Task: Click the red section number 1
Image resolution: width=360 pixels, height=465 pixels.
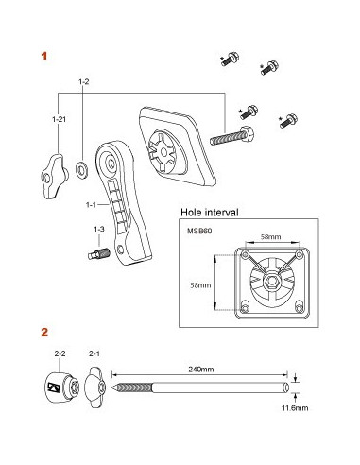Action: [44, 57]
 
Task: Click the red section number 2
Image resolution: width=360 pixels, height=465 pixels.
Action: [44, 332]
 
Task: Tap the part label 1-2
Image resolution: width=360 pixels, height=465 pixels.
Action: [83, 81]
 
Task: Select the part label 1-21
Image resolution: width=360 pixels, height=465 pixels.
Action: [60, 119]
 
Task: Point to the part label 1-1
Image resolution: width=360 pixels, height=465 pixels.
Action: [91, 205]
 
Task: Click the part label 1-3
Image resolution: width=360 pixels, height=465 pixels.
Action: [99, 229]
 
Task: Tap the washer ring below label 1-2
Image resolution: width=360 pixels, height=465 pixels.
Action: [82, 168]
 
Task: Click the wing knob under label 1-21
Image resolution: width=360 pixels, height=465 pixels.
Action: [54, 176]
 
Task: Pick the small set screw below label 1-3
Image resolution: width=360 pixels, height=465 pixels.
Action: [98, 253]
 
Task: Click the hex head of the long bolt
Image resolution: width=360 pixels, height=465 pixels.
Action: [248, 134]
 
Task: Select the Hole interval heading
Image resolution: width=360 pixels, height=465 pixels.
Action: [210, 213]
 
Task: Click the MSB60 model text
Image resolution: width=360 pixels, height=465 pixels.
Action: [199, 231]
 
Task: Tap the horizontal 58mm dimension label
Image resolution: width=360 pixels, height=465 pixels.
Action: [270, 236]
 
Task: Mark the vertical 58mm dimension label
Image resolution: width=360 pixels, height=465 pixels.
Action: [200, 285]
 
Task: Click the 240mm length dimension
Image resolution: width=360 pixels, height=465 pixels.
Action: [201, 369]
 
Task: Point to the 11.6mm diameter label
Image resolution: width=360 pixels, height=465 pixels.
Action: [295, 408]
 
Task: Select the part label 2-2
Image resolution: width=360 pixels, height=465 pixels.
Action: [60, 353]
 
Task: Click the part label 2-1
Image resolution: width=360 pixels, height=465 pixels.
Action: [94, 353]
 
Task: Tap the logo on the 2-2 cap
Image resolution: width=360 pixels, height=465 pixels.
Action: [53, 387]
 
